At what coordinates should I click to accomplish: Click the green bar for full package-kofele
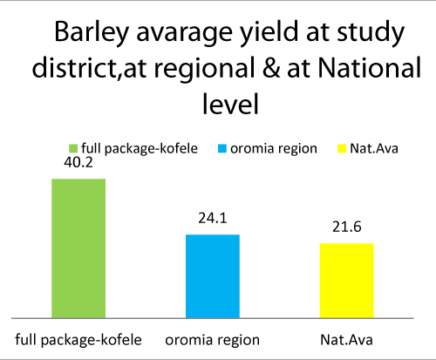78,248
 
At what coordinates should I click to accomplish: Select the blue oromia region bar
213,276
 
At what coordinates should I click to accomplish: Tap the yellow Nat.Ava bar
347,281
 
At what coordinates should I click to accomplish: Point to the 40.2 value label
78,163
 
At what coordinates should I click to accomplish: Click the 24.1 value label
213,218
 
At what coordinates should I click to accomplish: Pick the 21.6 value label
347,227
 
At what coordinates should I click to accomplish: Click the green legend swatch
73,148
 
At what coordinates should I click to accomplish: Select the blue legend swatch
222,148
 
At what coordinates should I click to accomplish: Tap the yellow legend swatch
342,148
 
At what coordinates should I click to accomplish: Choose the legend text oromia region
274,149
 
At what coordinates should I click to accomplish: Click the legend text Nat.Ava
374,148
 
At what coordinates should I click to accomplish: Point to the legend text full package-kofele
140,149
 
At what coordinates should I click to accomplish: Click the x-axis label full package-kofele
78,340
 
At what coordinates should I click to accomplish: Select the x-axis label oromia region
213,340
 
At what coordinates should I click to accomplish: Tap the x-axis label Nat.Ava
346,340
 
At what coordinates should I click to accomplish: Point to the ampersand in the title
271,68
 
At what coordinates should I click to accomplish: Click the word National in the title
370,67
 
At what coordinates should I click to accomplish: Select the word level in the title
230,104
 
